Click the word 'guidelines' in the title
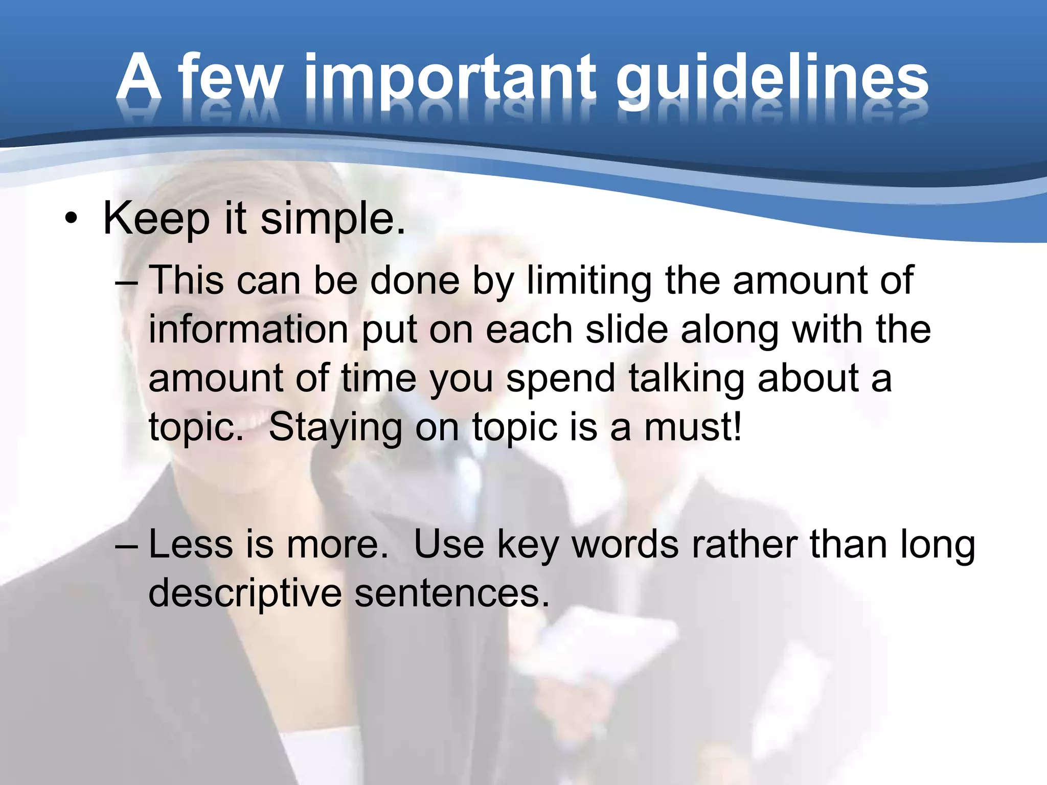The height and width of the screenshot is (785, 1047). [772, 79]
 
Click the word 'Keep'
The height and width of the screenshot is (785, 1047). [156, 219]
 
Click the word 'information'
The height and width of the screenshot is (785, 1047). [248, 329]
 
